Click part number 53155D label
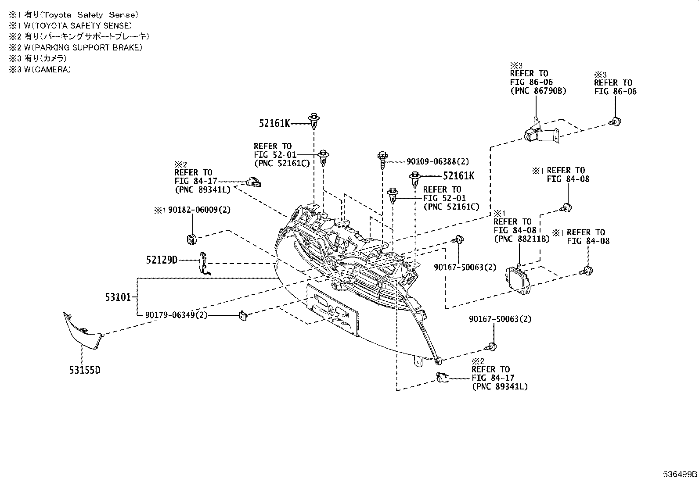pos(84,370)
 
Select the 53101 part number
pos(118,297)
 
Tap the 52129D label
pos(162,260)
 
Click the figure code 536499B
pos(680,474)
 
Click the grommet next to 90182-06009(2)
pos(190,239)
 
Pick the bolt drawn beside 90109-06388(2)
pos(382,161)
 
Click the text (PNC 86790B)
pos(538,91)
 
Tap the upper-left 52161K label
pos(274,124)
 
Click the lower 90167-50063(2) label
pos(500,319)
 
